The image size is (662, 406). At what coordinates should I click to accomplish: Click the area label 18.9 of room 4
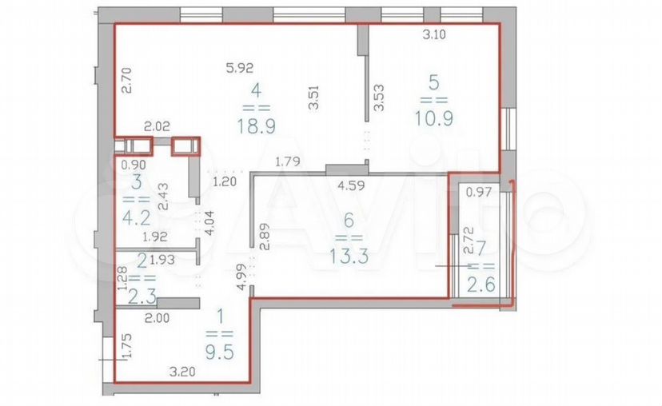257,125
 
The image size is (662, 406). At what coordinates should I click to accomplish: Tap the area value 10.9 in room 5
434,118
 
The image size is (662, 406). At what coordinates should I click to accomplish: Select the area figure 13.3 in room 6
349,256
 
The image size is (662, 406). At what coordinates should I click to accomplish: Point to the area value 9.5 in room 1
220,352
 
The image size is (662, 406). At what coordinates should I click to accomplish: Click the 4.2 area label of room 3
137,217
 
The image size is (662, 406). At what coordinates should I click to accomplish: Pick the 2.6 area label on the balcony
481,285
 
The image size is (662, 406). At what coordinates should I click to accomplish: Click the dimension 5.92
239,68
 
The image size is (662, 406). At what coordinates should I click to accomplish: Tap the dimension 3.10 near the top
434,34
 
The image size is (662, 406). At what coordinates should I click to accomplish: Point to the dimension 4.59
351,186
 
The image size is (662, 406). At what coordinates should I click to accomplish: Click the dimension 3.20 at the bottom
182,372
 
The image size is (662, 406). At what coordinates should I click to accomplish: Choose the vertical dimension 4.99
241,277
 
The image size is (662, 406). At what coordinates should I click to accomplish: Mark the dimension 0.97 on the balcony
479,193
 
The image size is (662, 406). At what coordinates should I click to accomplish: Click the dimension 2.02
157,126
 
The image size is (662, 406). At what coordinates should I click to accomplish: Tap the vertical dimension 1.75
127,346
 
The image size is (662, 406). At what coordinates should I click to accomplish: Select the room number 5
433,82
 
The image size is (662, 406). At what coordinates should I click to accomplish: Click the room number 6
349,220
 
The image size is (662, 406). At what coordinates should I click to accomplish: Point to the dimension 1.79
288,161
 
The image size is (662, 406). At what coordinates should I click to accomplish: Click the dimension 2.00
157,318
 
